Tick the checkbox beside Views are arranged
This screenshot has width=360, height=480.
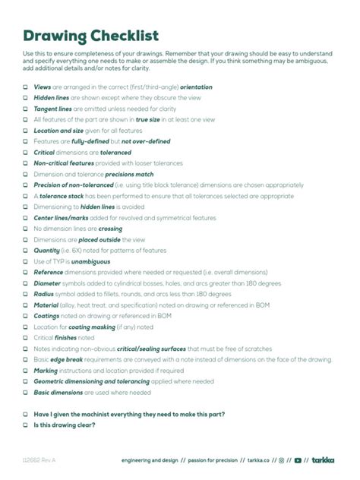(x=25, y=87)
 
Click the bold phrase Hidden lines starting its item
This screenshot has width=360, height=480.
(x=52, y=98)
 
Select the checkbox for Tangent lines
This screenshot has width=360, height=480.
(x=25, y=109)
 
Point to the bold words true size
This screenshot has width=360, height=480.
(x=148, y=120)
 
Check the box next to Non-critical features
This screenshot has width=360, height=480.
(x=25, y=163)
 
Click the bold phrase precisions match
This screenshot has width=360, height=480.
(x=129, y=174)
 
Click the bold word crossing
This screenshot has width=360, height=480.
(x=110, y=229)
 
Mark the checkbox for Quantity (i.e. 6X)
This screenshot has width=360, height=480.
(x=25, y=251)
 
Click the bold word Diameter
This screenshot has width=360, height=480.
(x=49, y=283)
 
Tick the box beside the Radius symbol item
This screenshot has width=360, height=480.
(x=25, y=294)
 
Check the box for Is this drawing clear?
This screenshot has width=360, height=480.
(x=25, y=425)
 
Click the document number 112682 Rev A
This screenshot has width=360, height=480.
(x=39, y=460)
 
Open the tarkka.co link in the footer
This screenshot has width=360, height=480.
(x=258, y=460)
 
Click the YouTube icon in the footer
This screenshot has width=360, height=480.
(x=298, y=460)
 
